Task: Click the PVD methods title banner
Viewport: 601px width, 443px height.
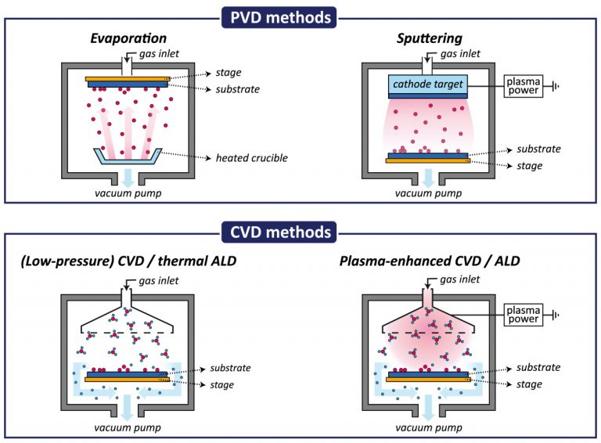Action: click(x=279, y=18)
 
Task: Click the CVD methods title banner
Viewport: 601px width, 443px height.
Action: click(x=279, y=232)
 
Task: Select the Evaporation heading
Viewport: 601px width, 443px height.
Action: click(x=128, y=38)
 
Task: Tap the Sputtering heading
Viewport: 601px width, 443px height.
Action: click(x=430, y=38)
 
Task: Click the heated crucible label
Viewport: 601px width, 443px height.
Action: click(x=251, y=158)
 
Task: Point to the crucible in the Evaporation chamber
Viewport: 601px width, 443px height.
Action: click(x=128, y=157)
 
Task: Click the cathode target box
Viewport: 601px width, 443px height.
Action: click(x=428, y=85)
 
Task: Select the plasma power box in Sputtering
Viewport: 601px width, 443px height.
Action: click(x=524, y=86)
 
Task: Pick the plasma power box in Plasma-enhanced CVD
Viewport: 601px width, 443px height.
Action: click(x=524, y=315)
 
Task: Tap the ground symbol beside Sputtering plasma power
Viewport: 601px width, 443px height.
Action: click(x=556, y=86)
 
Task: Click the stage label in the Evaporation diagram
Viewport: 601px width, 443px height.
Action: click(x=229, y=73)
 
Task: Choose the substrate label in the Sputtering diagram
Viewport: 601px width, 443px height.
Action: click(x=538, y=149)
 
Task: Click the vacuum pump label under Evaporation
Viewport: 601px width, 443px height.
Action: click(x=128, y=193)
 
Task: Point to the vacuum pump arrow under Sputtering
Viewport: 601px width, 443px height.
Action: click(x=429, y=178)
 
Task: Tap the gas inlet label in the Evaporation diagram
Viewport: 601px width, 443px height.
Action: click(x=159, y=54)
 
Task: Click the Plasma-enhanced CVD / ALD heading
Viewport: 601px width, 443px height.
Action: click(x=430, y=261)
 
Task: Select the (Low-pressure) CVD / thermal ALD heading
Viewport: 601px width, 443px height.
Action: click(x=128, y=261)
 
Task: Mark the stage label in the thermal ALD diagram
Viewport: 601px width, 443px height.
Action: click(x=222, y=385)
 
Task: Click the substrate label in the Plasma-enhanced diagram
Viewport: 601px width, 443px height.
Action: click(x=538, y=367)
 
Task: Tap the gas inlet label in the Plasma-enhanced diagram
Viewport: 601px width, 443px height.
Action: click(x=459, y=279)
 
